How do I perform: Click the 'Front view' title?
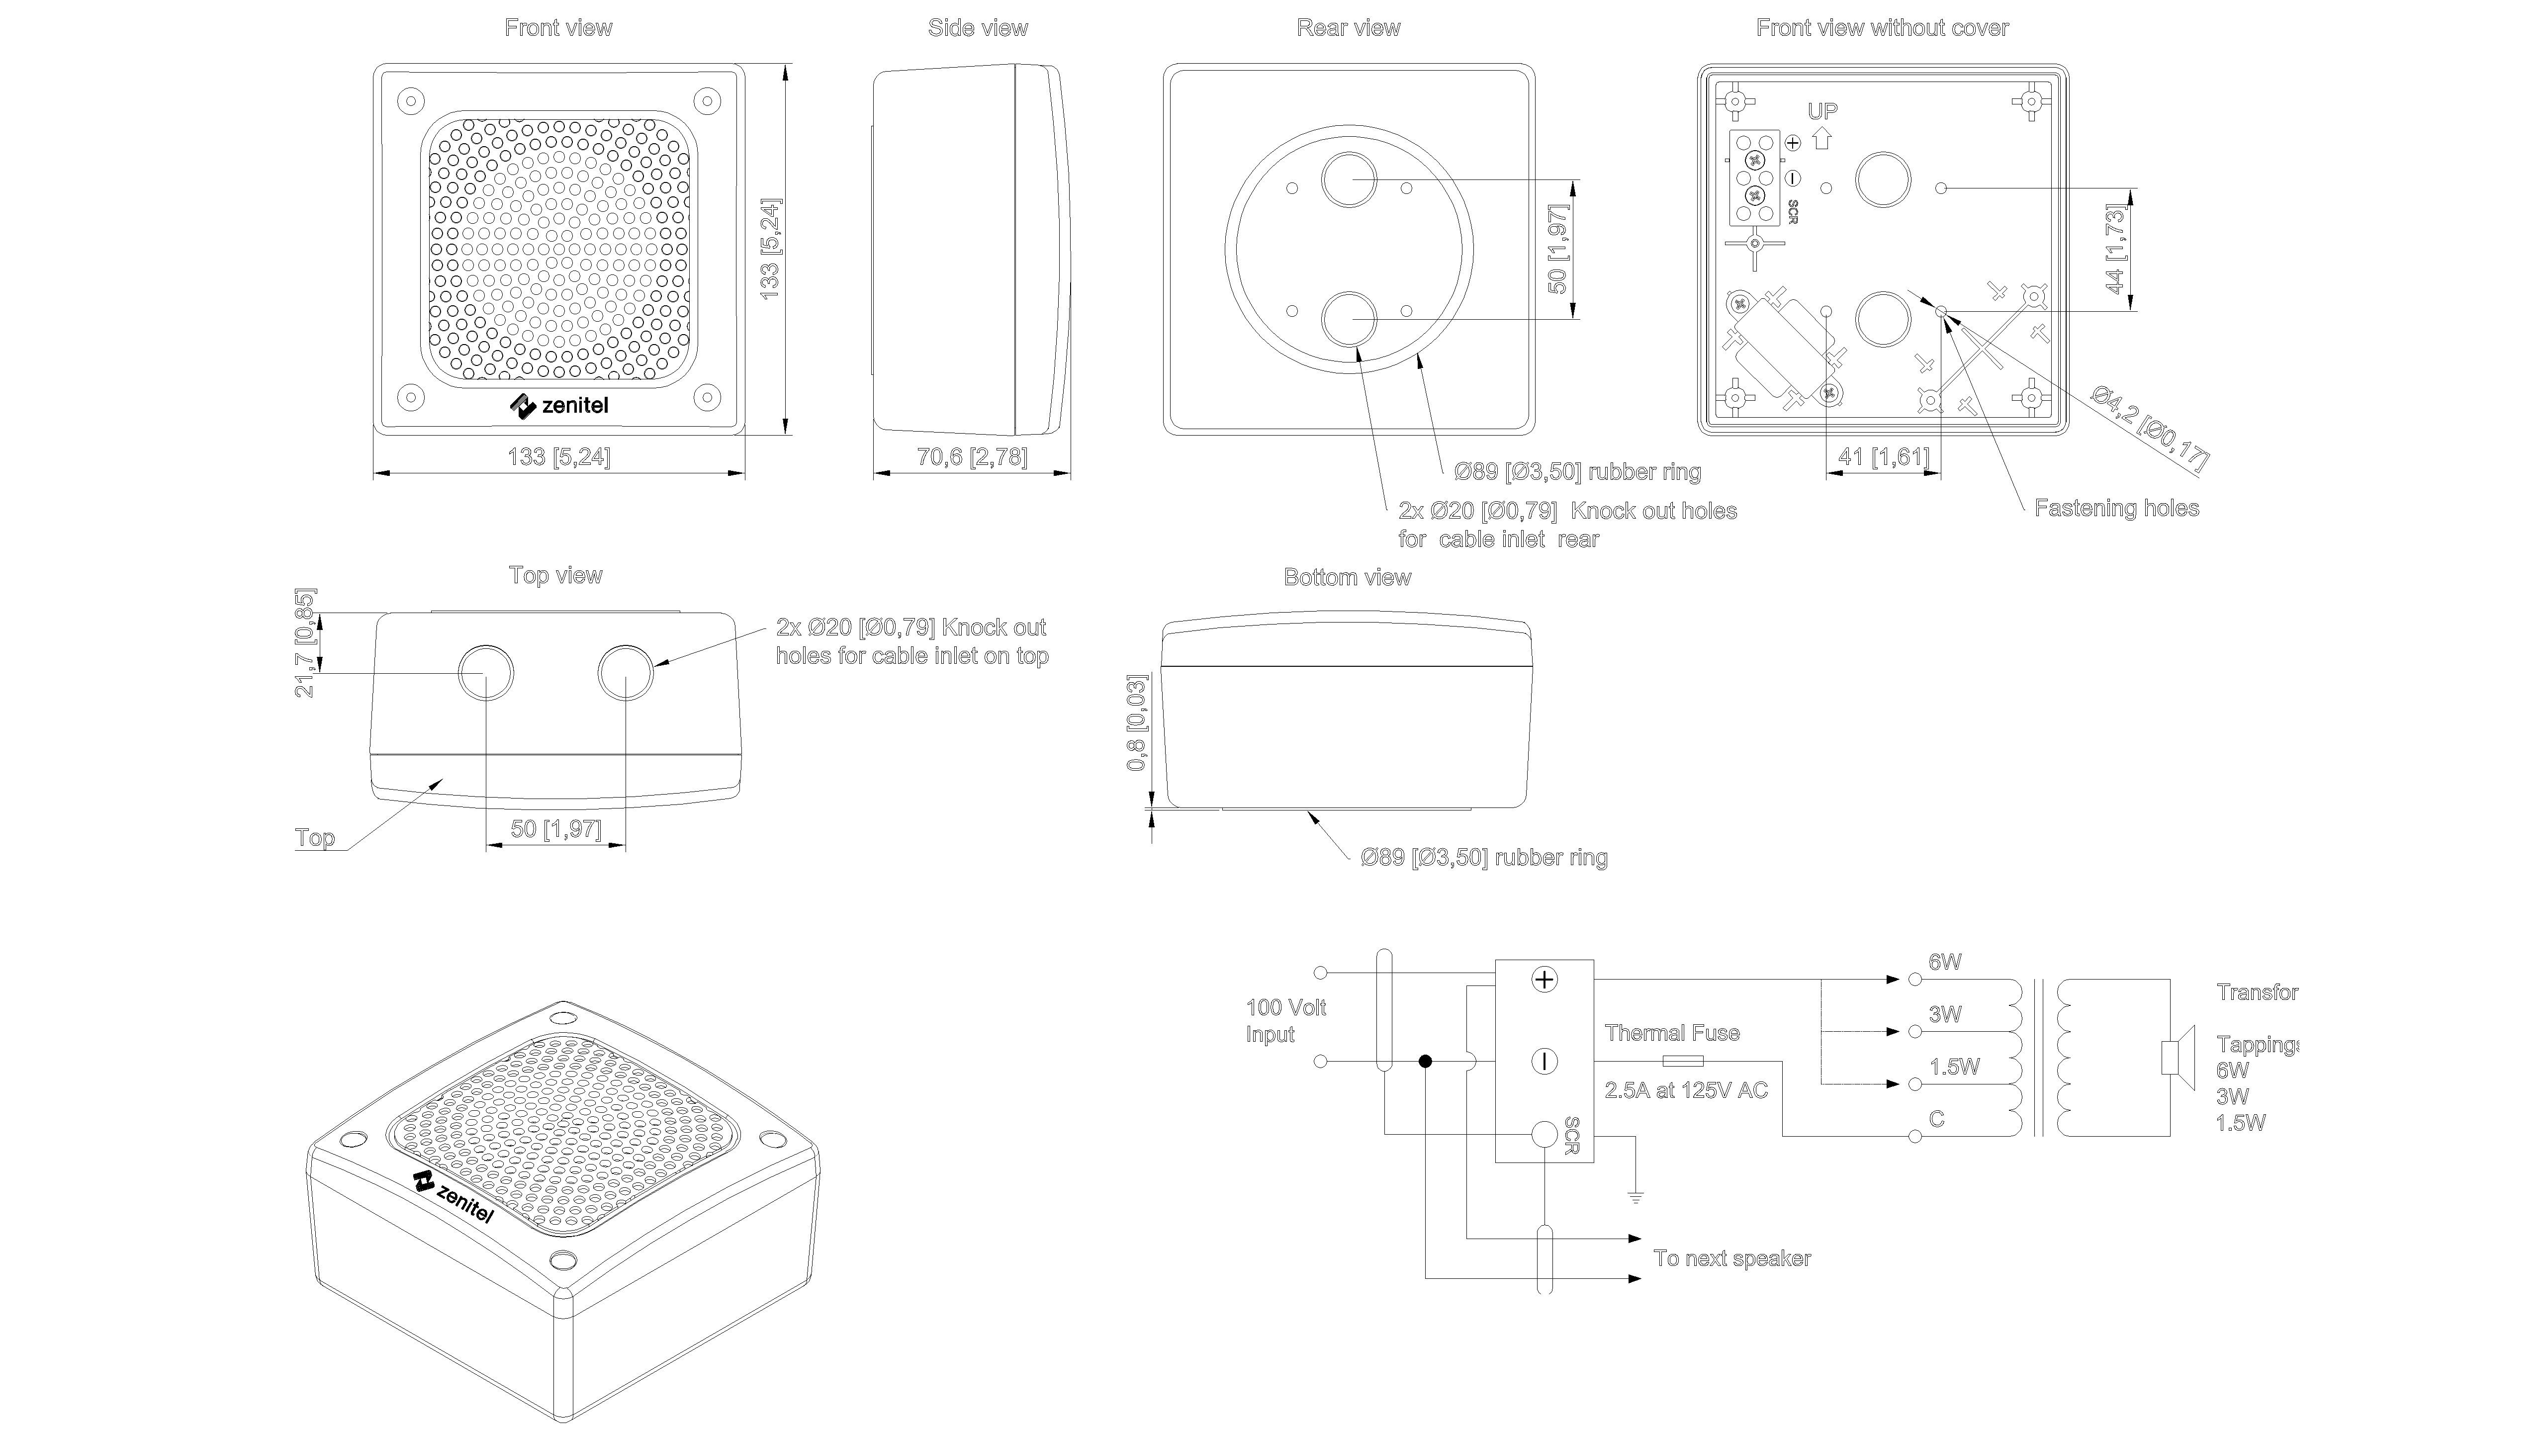[x=558, y=28]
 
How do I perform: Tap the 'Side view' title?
[x=978, y=28]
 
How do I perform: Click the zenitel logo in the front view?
[x=559, y=405]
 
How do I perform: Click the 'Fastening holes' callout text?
[x=2116, y=508]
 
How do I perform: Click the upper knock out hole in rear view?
[x=1349, y=180]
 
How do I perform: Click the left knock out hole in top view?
[x=485, y=673]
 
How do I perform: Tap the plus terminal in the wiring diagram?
[x=1544, y=980]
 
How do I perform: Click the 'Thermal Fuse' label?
[x=1672, y=1033]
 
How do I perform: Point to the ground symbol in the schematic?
[x=1636, y=1198]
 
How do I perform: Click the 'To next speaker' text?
[x=1731, y=1258]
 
